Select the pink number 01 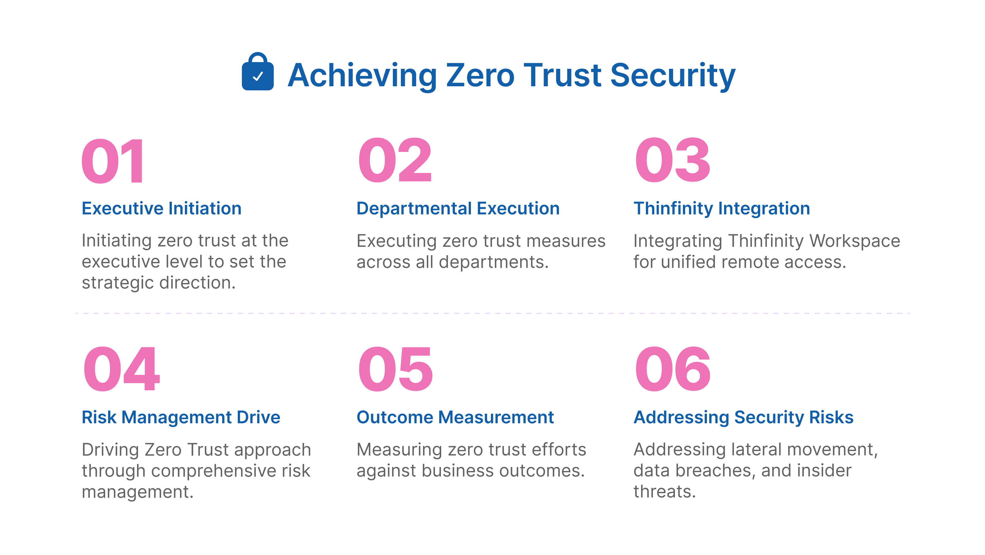coord(113,161)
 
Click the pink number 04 coord(121,369)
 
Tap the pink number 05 coord(395,369)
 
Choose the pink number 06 coord(672,369)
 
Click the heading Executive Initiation coord(161,209)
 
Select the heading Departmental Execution coord(458,209)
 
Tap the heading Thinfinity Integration coord(722,209)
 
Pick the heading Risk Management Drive coord(181,417)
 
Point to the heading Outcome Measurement coord(455,417)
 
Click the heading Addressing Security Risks coord(743,417)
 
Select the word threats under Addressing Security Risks coord(664,492)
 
